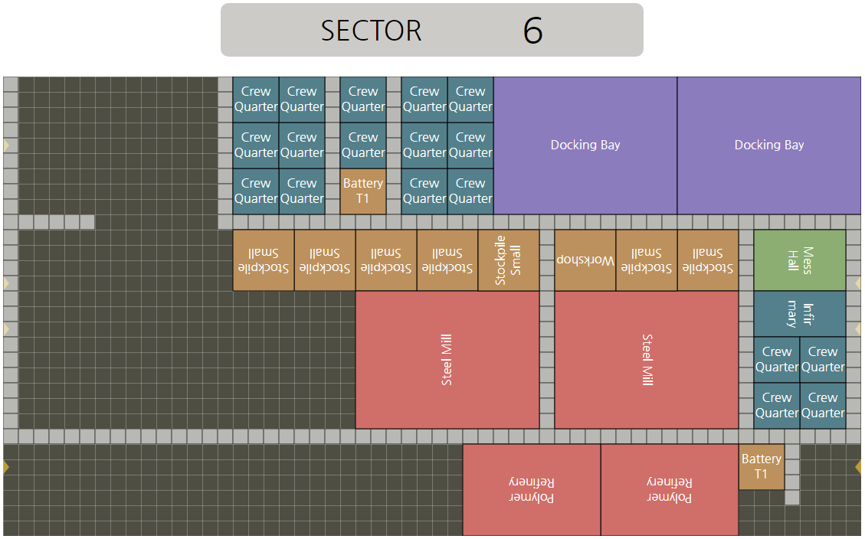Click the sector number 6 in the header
click(x=532, y=31)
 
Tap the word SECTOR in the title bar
click(x=371, y=31)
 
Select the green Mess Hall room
click(x=799, y=260)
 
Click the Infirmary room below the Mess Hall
click(x=799, y=314)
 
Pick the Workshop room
click(x=585, y=260)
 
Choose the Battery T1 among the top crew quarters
click(x=363, y=191)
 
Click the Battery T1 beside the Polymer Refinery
click(x=761, y=467)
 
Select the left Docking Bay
click(x=585, y=145)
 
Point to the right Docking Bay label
click(x=769, y=145)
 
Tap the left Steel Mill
click(x=447, y=360)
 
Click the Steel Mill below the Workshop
click(x=647, y=360)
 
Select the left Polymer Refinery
click(x=532, y=490)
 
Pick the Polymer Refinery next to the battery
click(x=670, y=490)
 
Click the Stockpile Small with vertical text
click(x=509, y=260)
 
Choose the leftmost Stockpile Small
click(x=264, y=260)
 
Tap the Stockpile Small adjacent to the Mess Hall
click(x=708, y=260)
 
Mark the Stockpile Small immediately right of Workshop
click(x=647, y=260)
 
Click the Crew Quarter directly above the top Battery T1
click(x=363, y=145)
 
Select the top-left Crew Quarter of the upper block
click(x=256, y=100)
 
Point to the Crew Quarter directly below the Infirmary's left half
click(x=777, y=360)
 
